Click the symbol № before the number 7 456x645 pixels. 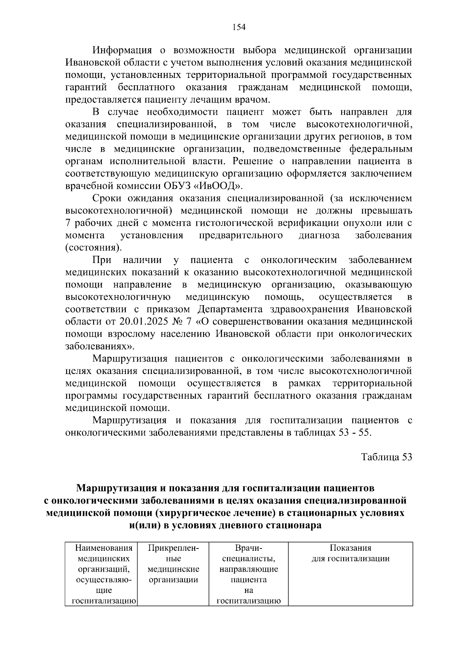coord(179,322)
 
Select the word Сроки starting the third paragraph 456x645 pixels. coord(107,198)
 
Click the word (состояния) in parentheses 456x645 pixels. coord(93,248)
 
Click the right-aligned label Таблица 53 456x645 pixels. coord(386,457)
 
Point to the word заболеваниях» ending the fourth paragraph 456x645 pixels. coord(100,346)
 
